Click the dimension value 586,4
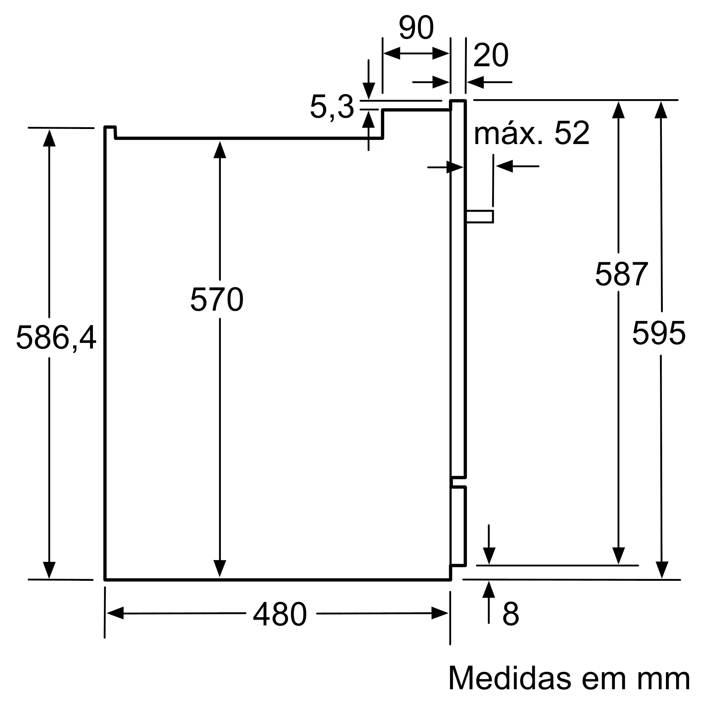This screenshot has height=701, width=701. (x=56, y=338)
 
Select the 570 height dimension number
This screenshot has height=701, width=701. (x=217, y=299)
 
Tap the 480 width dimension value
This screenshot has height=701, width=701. (x=280, y=614)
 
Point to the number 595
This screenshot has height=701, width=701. (x=659, y=333)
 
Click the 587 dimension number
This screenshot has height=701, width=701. (x=621, y=274)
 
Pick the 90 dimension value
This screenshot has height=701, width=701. (x=416, y=28)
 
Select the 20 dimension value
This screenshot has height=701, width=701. (x=491, y=55)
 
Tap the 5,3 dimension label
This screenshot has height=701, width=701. (x=332, y=107)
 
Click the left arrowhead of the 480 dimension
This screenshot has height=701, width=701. (x=115, y=613)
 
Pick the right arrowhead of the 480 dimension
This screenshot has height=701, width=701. (x=440, y=613)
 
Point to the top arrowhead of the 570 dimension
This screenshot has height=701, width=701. (x=220, y=150)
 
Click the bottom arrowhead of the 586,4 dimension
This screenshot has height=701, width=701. (x=49, y=570)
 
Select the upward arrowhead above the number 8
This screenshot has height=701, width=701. (x=489, y=590)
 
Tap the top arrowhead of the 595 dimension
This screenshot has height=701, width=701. (x=661, y=110)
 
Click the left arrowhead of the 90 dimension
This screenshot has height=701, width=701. (x=392, y=53)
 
